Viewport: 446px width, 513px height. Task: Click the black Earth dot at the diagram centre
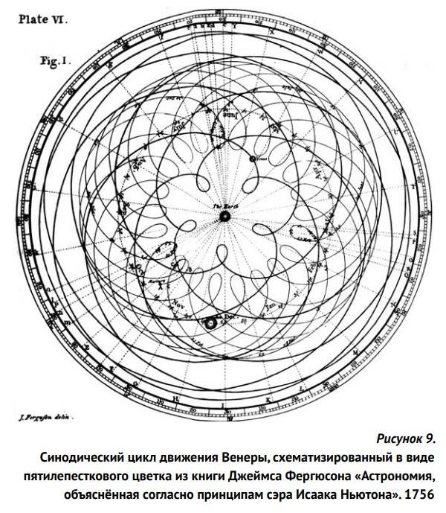[x=224, y=216]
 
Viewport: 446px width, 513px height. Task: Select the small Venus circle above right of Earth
[x=253, y=159]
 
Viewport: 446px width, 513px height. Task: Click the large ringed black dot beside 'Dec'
[x=209, y=322]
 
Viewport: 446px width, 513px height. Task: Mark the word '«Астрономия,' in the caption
[x=392, y=474]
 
